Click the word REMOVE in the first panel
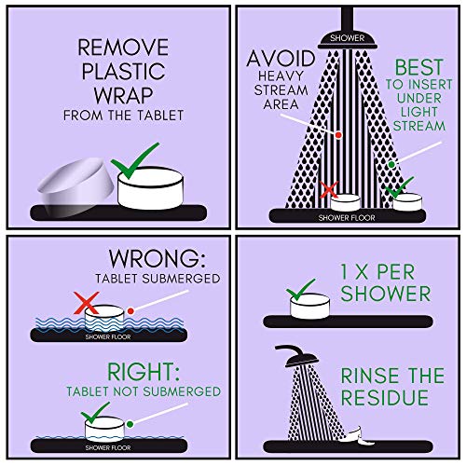(123, 48)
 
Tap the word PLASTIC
(123, 72)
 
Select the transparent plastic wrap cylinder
(75, 186)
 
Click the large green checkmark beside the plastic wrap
(134, 161)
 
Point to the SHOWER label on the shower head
(347, 38)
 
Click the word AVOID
(281, 59)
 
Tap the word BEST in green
(418, 67)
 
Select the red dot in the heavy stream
(338, 135)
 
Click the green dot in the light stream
(391, 164)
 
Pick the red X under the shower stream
(329, 189)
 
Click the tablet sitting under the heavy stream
(345, 202)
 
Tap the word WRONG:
(157, 258)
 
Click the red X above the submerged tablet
(87, 303)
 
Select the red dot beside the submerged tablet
(130, 311)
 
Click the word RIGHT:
(144, 372)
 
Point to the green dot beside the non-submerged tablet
(130, 424)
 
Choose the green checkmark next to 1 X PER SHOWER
(300, 289)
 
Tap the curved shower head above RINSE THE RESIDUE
(296, 356)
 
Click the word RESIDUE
(385, 397)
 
